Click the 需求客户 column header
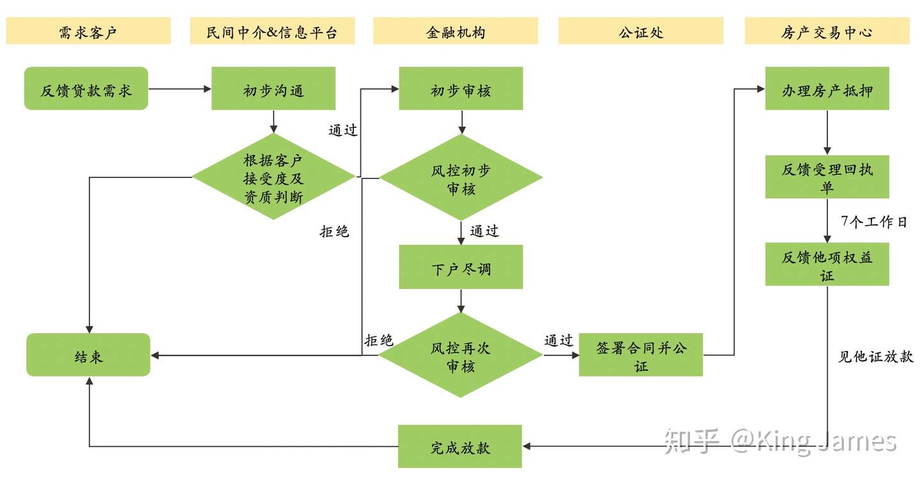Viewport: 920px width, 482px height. coord(88,31)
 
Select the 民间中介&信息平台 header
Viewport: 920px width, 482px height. coord(272,31)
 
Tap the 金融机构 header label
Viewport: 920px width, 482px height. coord(456,31)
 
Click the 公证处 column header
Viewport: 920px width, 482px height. coord(641,31)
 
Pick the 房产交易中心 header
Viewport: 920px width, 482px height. coord(827,31)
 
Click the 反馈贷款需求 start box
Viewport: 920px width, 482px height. coord(86,89)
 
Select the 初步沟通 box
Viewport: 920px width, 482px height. coord(273,89)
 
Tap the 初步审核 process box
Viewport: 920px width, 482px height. coord(461,89)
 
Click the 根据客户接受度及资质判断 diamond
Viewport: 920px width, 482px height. coord(273,177)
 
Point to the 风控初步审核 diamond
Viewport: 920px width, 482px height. coord(461,178)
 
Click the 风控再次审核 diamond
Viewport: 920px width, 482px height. coord(461,356)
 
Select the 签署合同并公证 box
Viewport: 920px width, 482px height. coord(641,355)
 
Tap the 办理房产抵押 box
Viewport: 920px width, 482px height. coord(827,89)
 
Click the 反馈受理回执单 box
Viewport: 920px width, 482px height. coord(827,177)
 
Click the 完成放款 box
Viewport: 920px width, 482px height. coord(460,446)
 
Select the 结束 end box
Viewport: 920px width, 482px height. coord(88,355)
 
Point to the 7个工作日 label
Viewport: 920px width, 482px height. coord(874,222)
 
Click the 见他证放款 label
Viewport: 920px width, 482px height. coord(875,357)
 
